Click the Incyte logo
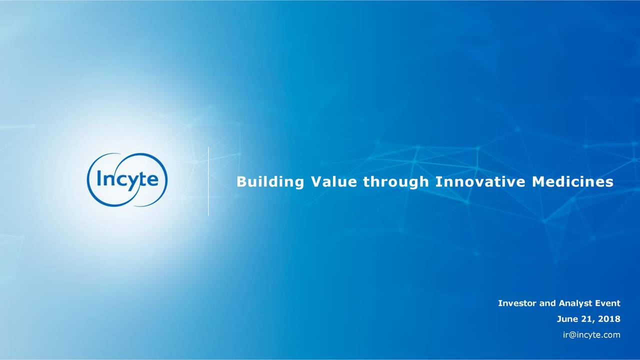click(127, 179)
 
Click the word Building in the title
click(270, 182)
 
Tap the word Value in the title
click(333, 181)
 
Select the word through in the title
click(396, 182)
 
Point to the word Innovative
click(480, 181)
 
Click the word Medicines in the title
click(572, 181)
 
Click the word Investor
click(517, 303)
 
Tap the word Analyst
click(575, 303)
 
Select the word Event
click(607, 303)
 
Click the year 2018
click(609, 319)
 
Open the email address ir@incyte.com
click(591, 335)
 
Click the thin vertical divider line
click(208, 181)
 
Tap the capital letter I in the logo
click(99, 178)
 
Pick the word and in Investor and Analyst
click(547, 303)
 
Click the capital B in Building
click(241, 181)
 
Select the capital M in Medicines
click(538, 181)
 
